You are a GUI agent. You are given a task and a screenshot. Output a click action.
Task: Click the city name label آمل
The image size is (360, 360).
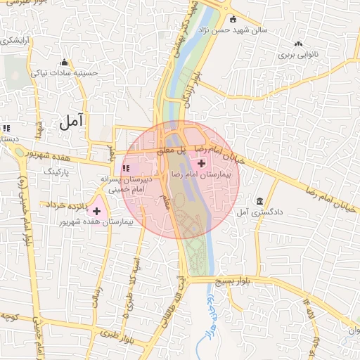[72, 121]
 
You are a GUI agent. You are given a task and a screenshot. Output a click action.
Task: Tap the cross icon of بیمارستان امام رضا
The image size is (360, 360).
[202, 163]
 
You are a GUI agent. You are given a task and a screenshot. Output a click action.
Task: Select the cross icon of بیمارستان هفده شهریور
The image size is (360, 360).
[96, 211]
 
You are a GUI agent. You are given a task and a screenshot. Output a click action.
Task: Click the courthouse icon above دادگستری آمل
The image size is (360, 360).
[260, 201]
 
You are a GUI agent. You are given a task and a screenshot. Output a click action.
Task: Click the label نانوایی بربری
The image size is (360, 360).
[297, 53]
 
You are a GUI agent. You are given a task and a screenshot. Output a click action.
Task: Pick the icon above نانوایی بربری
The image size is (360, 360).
[300, 44]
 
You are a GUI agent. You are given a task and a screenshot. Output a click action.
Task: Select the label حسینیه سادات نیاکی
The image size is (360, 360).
[67, 72]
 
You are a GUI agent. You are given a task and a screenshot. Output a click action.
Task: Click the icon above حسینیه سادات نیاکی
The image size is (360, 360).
[64, 62]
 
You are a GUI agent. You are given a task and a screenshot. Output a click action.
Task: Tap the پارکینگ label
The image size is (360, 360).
[58, 171]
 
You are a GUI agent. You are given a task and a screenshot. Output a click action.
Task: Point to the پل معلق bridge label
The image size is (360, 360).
[170, 150]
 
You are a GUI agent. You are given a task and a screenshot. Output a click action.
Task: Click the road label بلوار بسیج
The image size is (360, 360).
[237, 280]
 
